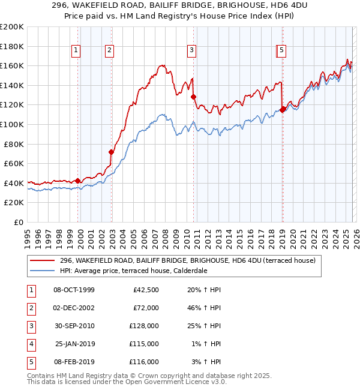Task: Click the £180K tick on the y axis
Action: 12,46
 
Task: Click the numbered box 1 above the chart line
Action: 77,51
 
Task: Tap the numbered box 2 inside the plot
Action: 109,51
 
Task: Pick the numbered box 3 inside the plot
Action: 191,51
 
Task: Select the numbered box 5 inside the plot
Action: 282,51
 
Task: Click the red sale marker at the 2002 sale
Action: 111,152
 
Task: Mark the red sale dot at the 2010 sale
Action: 193,97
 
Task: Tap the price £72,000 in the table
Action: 146,308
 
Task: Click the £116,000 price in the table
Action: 144,362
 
